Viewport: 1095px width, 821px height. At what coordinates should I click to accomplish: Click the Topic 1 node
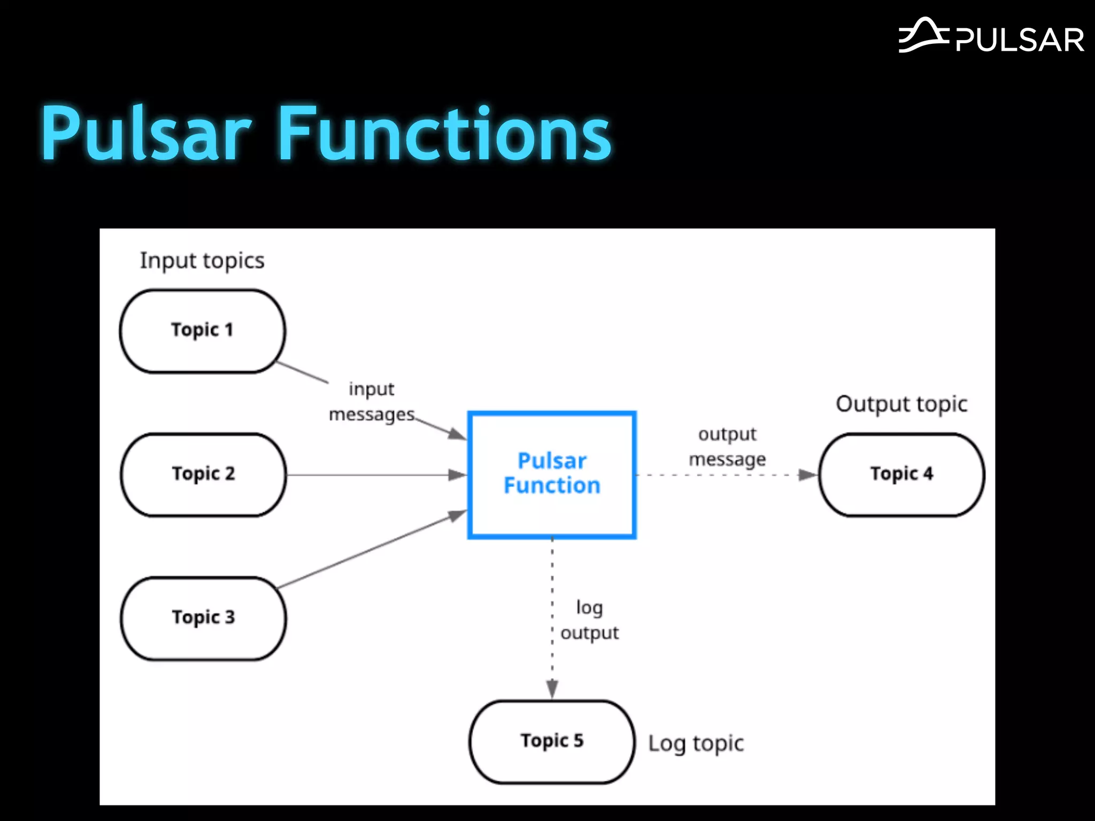point(203,331)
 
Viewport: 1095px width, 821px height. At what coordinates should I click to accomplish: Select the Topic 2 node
point(203,475)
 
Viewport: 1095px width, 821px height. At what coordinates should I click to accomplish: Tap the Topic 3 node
point(203,618)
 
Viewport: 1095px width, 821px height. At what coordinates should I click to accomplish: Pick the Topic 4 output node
point(901,475)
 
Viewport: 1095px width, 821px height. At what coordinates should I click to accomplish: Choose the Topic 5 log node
point(552,742)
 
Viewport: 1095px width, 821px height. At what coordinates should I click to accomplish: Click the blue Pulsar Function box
point(552,475)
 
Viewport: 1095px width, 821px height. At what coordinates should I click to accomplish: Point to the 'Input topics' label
point(202,261)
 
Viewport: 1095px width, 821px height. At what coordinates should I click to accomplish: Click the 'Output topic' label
point(901,405)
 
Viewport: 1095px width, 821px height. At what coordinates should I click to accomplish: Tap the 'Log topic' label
point(696,743)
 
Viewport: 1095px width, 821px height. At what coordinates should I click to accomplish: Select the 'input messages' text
point(372,402)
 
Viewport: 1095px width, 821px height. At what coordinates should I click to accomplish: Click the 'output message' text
point(727,447)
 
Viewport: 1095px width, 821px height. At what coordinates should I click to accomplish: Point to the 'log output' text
point(589,621)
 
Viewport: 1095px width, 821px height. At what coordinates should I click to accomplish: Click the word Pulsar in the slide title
point(146,134)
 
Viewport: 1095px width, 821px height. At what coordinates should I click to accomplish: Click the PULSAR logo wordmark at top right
point(1020,41)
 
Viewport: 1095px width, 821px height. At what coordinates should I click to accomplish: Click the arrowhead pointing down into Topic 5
point(552,688)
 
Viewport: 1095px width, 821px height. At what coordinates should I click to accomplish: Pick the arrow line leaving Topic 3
point(369,551)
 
